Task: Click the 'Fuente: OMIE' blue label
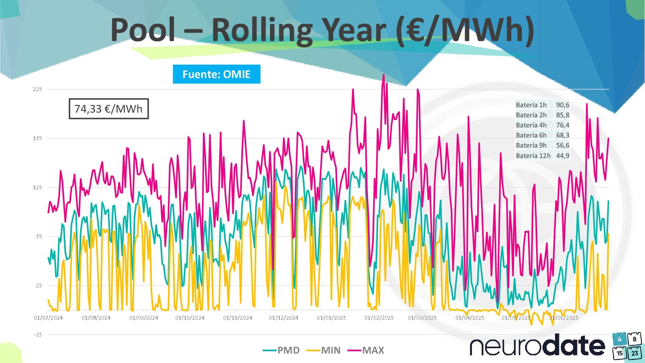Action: [216, 74]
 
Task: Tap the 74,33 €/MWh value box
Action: [109, 109]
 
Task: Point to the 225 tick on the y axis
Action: [37, 89]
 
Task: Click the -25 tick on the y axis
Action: [38, 334]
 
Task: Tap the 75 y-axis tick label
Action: [39, 236]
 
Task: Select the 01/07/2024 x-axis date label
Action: [48, 318]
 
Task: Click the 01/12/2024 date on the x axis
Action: [284, 318]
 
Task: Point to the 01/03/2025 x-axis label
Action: [422, 318]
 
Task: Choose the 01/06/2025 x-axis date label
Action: [564, 318]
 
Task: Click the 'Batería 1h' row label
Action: [531, 105]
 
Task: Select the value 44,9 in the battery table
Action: [563, 156]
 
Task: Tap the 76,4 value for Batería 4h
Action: [563, 125]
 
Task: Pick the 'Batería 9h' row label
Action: [531, 145]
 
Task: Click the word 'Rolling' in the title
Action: [262, 30]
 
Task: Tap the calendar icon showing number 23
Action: [635, 353]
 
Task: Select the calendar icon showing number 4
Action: [619, 339]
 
